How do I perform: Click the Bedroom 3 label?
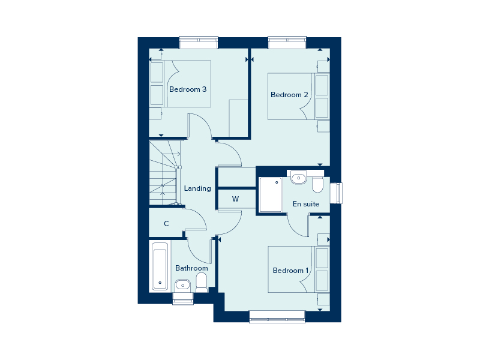(188, 89)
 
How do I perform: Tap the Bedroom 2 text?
(289, 95)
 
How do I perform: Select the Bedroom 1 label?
(290, 271)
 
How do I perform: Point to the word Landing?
(197, 188)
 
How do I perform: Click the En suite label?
(306, 204)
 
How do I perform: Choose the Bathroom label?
(191, 268)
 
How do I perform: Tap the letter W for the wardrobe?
(235, 199)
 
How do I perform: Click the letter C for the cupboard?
(166, 224)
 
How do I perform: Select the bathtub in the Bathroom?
(160, 266)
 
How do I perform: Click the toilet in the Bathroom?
(202, 283)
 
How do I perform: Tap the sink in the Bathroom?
(182, 286)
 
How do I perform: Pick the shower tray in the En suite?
(271, 194)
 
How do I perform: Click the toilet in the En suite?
(318, 185)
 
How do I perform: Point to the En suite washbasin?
(298, 178)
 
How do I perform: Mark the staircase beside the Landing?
(164, 173)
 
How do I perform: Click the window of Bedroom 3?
(199, 43)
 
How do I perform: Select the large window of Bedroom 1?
(277, 317)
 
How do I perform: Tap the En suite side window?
(336, 193)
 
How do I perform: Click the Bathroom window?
(183, 298)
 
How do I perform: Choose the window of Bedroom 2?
(287, 43)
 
